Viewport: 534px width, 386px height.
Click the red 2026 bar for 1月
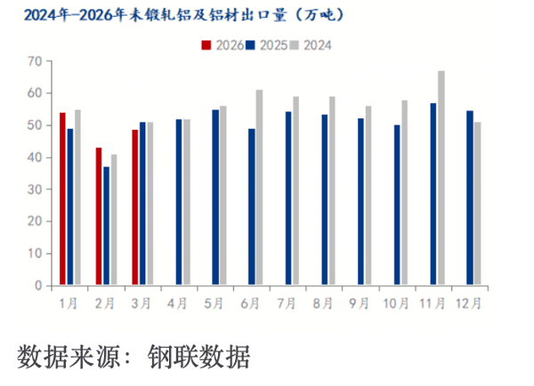[62, 199]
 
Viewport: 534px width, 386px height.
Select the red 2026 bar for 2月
[99, 217]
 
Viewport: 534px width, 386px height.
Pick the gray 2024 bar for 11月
[441, 178]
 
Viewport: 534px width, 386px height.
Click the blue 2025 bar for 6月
[252, 207]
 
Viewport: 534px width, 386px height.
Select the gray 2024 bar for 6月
[259, 188]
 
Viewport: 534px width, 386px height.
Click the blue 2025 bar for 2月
[106, 226]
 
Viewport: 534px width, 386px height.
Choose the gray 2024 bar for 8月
[332, 191]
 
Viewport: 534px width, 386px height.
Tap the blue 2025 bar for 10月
[398, 205]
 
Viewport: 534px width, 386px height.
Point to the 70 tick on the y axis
[36, 60]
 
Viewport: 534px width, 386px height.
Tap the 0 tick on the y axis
[38, 285]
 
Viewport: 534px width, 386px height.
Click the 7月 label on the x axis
[287, 303]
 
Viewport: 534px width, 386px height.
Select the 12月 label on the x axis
[469, 303]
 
